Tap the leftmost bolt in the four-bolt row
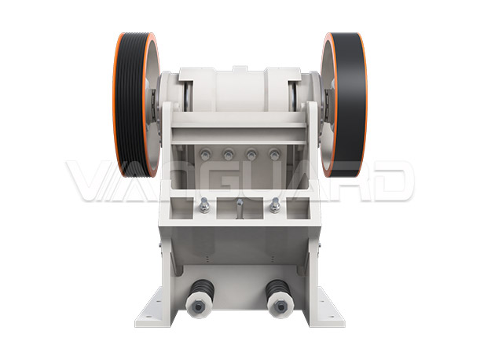205,154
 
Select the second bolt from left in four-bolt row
228,154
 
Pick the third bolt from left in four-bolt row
251,154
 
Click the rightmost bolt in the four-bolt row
274,154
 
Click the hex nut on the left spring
198,307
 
